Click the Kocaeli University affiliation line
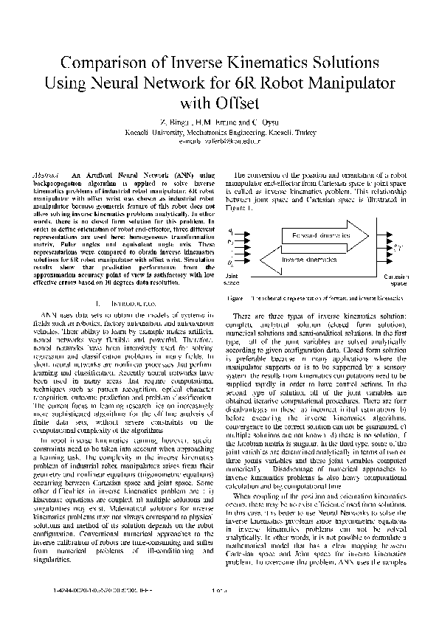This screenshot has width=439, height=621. (219, 128)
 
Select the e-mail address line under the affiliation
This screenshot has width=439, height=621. (219, 136)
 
